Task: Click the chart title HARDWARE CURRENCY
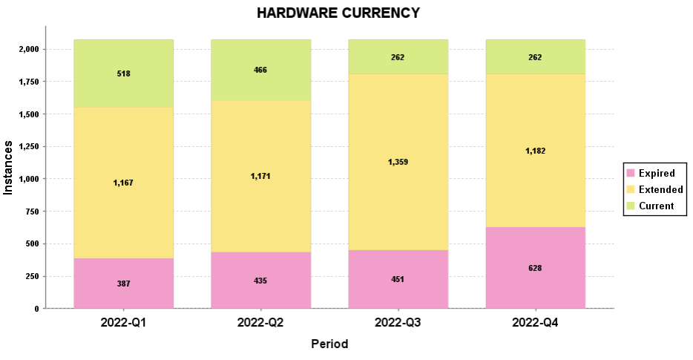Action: (x=338, y=13)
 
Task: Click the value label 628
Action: (x=535, y=268)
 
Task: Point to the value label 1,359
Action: (x=398, y=162)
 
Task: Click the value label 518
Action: (x=124, y=74)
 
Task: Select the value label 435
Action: (x=260, y=281)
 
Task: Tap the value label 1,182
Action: (x=535, y=151)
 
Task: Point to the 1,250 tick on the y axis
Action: (x=27, y=146)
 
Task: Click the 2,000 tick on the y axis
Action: (x=27, y=49)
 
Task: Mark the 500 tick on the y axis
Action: (x=33, y=243)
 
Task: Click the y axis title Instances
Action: (x=9, y=168)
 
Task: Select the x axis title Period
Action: (x=329, y=344)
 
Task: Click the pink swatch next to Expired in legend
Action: (x=631, y=173)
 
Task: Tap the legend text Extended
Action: (x=660, y=189)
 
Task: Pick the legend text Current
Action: (x=656, y=206)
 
